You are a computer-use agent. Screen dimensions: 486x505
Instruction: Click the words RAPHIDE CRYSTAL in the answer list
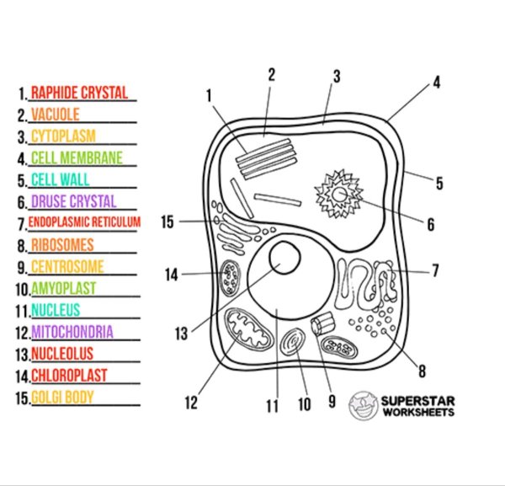click(79, 93)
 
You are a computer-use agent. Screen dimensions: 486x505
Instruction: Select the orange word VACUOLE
click(56, 115)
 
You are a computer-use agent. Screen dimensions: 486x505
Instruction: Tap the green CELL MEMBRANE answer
click(77, 158)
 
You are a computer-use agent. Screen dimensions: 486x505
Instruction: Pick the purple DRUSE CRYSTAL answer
click(73, 202)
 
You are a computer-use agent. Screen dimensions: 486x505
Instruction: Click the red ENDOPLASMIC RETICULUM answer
click(84, 223)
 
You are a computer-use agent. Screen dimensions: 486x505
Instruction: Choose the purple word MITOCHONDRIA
click(72, 332)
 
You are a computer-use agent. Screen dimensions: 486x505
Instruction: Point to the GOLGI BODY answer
click(62, 397)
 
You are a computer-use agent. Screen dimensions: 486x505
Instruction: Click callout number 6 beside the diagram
click(431, 225)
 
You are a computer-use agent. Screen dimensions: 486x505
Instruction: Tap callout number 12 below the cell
click(191, 403)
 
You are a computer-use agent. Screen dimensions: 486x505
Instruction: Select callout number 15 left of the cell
click(167, 222)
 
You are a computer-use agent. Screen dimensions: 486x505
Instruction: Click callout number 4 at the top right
click(437, 83)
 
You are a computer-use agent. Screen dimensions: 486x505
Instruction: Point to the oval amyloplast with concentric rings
click(295, 344)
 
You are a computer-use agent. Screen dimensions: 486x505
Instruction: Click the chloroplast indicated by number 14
click(229, 275)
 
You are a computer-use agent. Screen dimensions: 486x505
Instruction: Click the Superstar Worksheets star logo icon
click(363, 404)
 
